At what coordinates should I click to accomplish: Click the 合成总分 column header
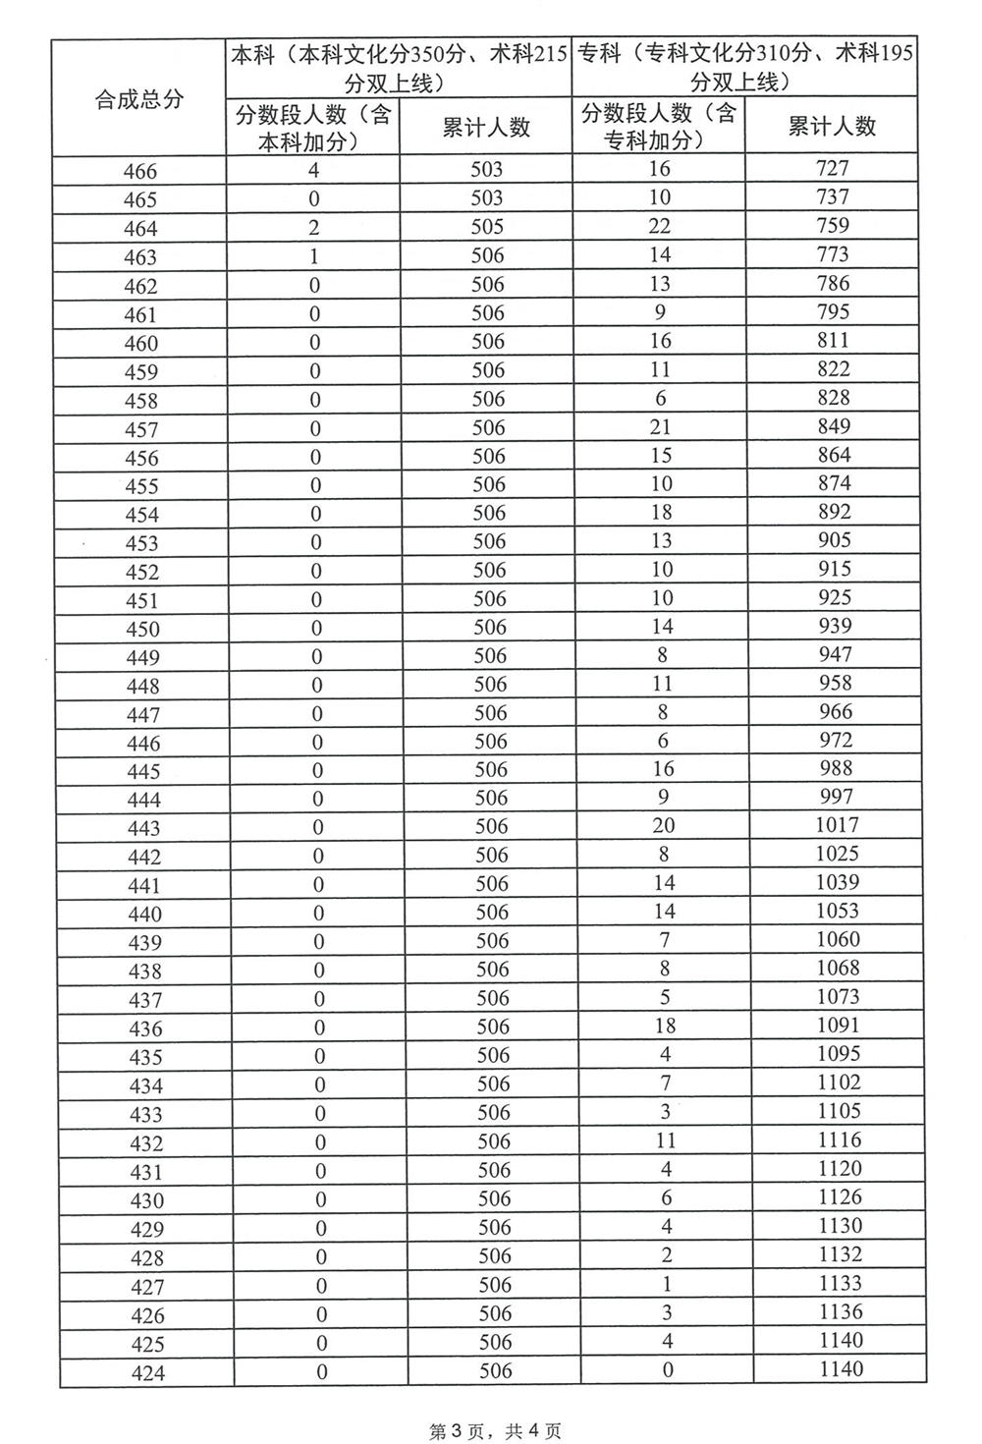(138, 98)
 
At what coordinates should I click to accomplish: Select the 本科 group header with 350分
(399, 68)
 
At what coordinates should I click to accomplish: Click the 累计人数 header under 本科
(486, 127)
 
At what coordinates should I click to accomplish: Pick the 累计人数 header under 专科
(832, 126)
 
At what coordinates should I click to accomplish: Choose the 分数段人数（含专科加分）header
(659, 126)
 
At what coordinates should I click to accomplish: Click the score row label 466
(140, 172)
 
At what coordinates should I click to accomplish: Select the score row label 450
(142, 629)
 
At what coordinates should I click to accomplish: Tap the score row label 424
(146, 1373)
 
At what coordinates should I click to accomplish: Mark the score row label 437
(144, 1000)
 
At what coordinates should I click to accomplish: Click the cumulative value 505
(487, 227)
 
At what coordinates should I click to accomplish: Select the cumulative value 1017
(837, 825)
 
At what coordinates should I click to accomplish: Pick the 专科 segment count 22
(660, 226)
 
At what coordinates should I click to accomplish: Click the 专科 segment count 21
(660, 426)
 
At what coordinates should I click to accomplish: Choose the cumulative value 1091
(838, 1026)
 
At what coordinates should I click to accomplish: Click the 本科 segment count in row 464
(314, 228)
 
